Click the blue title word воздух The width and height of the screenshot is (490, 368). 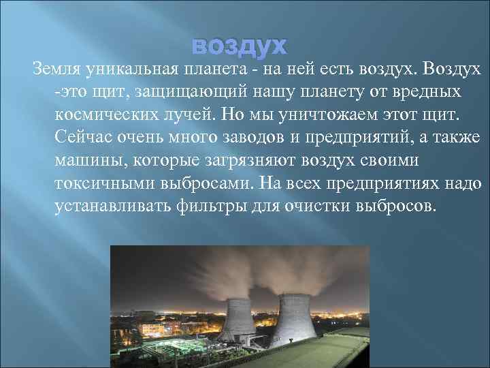tap(240, 46)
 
